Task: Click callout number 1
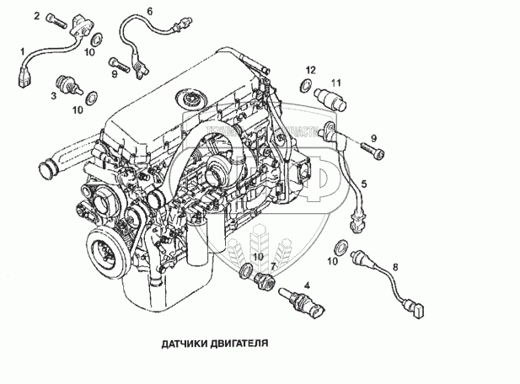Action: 23,51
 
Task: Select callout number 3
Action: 53,96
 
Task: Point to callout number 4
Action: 307,286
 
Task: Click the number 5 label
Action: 364,183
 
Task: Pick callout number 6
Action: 149,11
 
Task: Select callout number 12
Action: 310,68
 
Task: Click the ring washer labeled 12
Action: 304,84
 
